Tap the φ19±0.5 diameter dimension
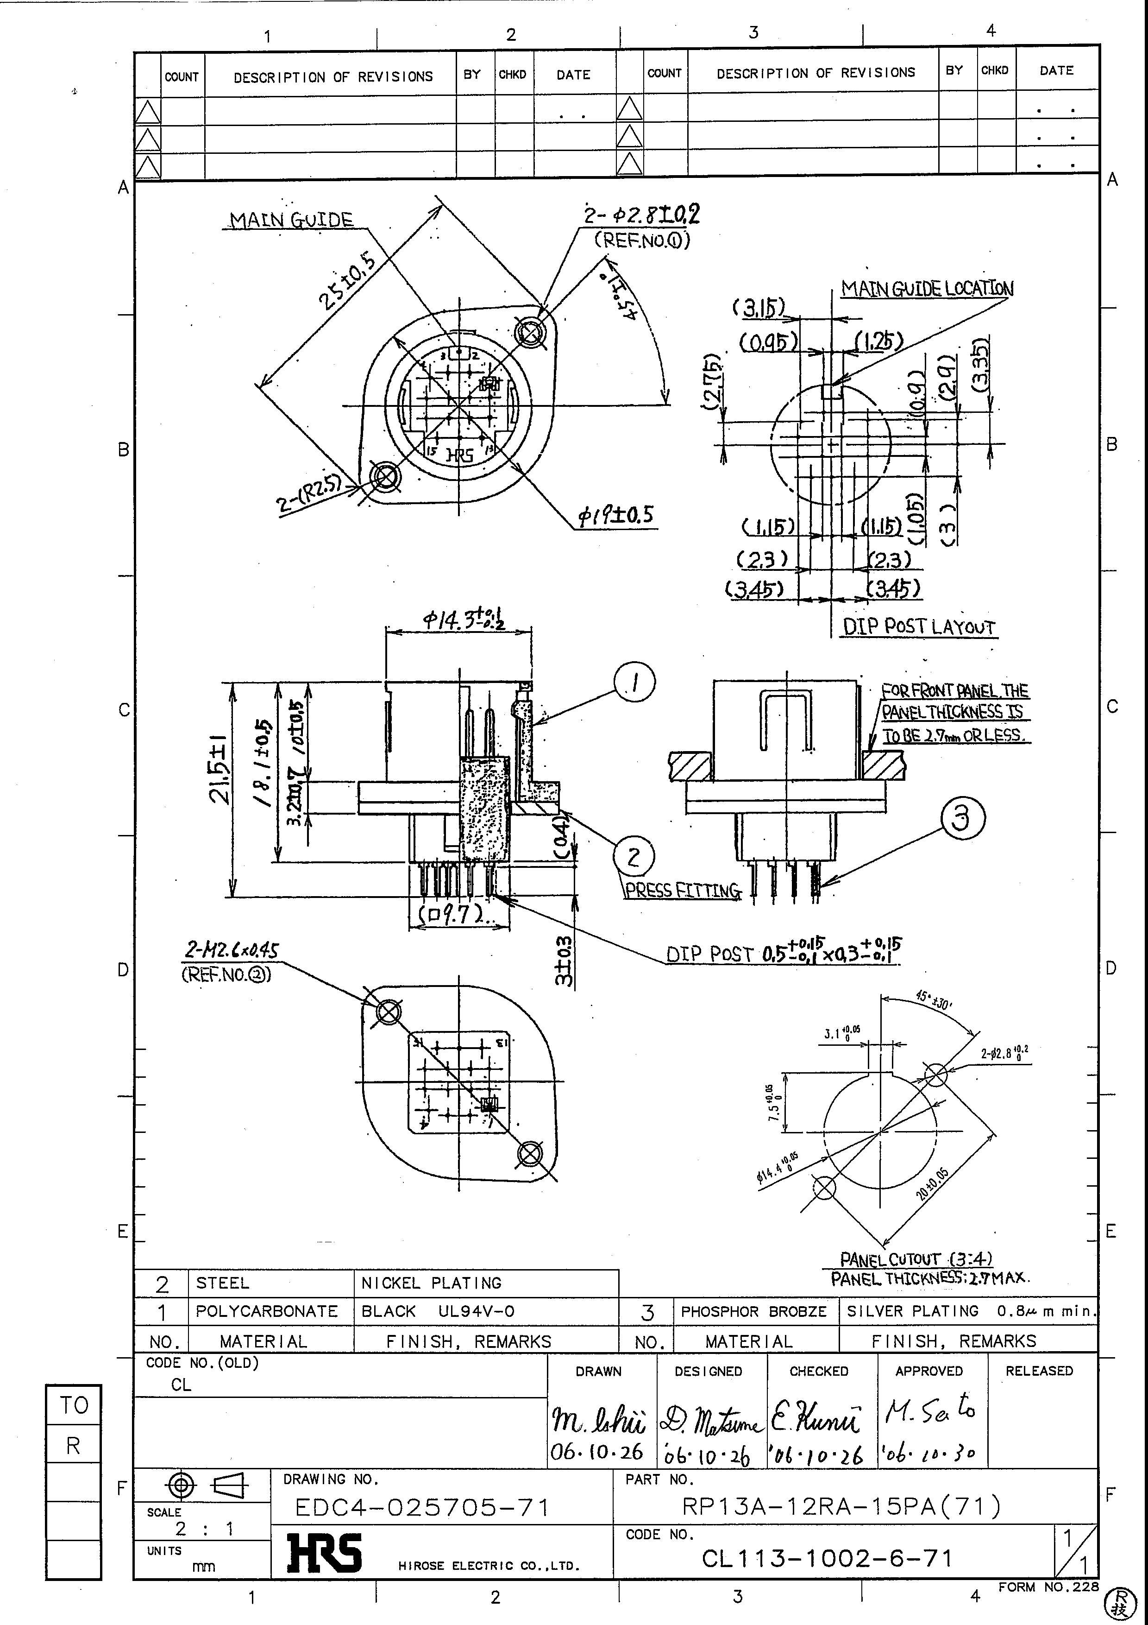(x=615, y=516)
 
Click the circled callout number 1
(x=634, y=682)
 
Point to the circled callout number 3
(x=962, y=819)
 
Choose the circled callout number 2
(x=633, y=857)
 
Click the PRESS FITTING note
(x=682, y=891)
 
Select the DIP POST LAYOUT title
(x=918, y=627)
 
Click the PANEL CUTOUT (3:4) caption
(x=915, y=1259)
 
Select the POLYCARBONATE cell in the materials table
(x=267, y=1311)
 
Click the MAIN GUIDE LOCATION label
(x=927, y=289)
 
